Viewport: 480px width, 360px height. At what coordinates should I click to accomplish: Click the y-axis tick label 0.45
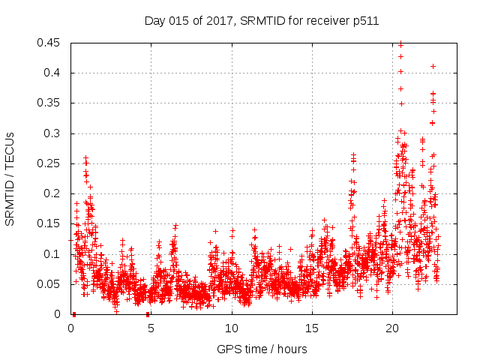pos(52,43)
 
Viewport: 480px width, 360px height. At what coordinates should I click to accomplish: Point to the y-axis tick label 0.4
pos(55,73)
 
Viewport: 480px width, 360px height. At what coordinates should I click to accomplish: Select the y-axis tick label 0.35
pos(52,103)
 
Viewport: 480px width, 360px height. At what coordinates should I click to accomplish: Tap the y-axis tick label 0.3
pos(55,133)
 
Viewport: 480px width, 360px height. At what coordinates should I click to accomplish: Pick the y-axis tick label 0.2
pos(55,193)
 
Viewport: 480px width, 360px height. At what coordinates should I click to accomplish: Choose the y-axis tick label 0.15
pos(52,223)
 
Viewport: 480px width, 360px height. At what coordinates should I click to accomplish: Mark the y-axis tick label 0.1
pos(55,254)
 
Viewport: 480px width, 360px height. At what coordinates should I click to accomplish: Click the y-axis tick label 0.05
pos(52,284)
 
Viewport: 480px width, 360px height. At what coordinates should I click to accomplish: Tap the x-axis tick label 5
pos(151,328)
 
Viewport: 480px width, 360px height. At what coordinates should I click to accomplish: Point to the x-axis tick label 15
pos(311,328)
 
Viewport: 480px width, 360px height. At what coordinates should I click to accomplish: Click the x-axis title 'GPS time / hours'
pos(262,349)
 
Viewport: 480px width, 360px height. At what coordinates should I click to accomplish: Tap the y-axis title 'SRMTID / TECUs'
pos(10,178)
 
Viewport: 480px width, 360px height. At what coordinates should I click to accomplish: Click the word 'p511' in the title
pos(365,21)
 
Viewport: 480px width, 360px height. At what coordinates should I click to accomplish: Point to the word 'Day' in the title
pos(155,21)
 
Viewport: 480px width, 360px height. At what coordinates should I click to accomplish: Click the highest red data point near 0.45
pos(400,43)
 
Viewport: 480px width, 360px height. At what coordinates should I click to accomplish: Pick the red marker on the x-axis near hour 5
pos(148,314)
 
